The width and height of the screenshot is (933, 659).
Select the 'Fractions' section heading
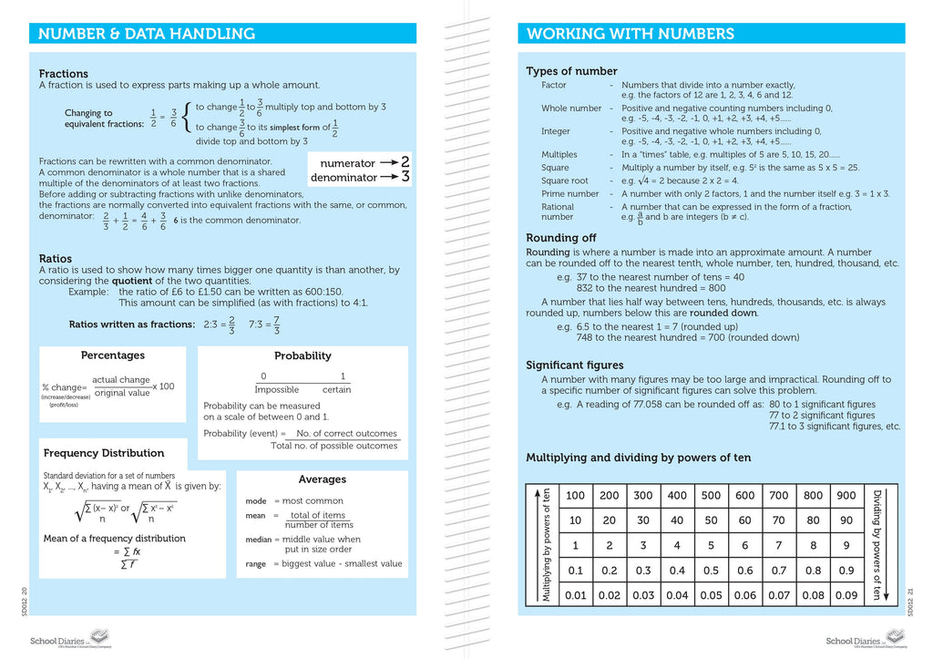[64, 74]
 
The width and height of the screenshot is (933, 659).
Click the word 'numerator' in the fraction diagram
[342, 163]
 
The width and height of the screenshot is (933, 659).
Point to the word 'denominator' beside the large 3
[343, 178]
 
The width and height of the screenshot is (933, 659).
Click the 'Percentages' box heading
[113, 355]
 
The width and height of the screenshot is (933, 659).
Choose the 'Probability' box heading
[302, 356]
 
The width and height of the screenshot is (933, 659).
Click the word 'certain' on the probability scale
[336, 390]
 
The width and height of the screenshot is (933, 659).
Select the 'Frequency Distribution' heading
[104, 453]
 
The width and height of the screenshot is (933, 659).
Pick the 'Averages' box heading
[323, 479]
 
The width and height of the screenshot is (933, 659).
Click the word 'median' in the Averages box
[259, 540]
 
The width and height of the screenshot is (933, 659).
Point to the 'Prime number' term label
[570, 194]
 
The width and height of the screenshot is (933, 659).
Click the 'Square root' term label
[565, 180]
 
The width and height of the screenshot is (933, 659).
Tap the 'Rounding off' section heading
[561, 238]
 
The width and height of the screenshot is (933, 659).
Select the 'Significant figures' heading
[575, 366]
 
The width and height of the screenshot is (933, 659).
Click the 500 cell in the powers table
[711, 496]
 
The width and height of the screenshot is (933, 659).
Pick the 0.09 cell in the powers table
[846, 595]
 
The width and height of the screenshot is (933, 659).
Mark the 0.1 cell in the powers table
[575, 571]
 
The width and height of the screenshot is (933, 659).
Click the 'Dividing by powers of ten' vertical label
[877, 545]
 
